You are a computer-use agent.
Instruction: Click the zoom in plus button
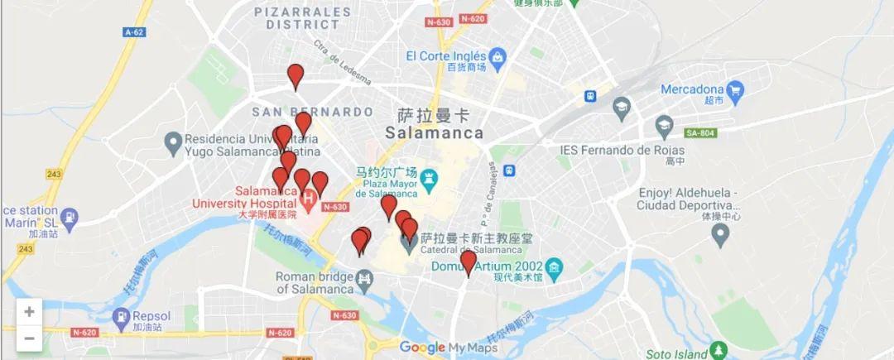click(x=29, y=312)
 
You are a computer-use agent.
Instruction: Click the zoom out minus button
click(x=29, y=338)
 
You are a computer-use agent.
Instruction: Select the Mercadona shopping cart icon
click(x=734, y=89)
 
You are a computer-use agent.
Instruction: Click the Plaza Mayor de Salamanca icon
click(x=429, y=178)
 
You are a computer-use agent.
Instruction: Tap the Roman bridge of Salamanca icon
click(x=364, y=282)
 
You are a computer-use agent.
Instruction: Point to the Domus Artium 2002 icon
click(x=554, y=267)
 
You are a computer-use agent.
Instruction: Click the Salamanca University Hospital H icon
click(x=309, y=198)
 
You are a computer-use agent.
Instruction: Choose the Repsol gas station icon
click(x=122, y=316)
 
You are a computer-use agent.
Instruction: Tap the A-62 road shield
click(x=133, y=32)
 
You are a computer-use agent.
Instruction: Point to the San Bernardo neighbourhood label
click(x=312, y=111)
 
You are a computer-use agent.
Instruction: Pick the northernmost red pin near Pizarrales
click(x=296, y=76)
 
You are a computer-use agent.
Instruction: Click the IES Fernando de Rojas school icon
click(x=665, y=127)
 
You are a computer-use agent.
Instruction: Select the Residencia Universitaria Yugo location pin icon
click(x=173, y=145)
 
